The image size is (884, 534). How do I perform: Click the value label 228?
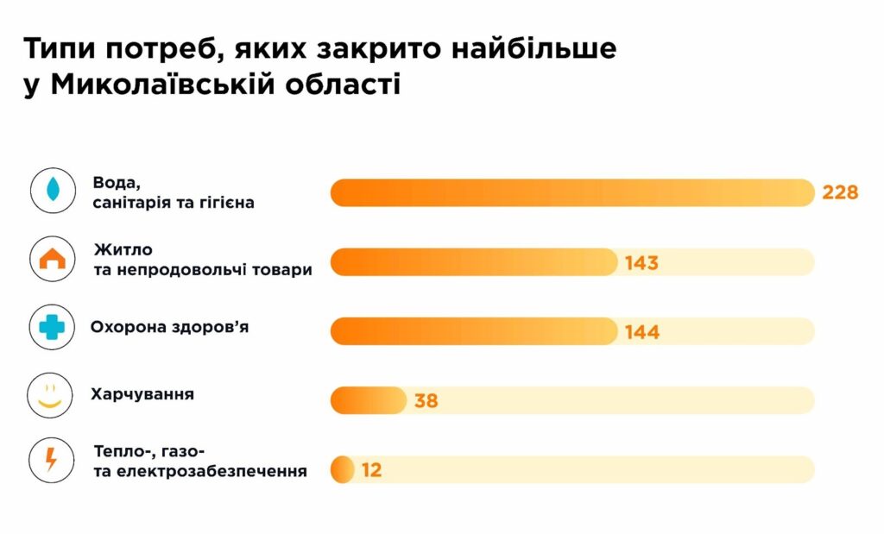pos(839,192)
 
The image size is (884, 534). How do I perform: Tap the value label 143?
pos(641,262)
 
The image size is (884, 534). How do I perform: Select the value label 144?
pos(641,331)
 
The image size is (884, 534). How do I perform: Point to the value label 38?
pos(426,400)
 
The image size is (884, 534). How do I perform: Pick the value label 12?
pos(372,469)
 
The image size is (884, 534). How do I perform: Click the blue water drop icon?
pos(52,191)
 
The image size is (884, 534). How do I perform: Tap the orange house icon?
pos(52,259)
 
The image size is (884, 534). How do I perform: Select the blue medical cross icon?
pos(52,328)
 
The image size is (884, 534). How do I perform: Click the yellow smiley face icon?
pos(52,396)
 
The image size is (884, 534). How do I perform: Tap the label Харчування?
pos(142,395)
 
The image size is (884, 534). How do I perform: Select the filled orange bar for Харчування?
pos(368,400)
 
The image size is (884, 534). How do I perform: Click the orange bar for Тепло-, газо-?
pos(343,469)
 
